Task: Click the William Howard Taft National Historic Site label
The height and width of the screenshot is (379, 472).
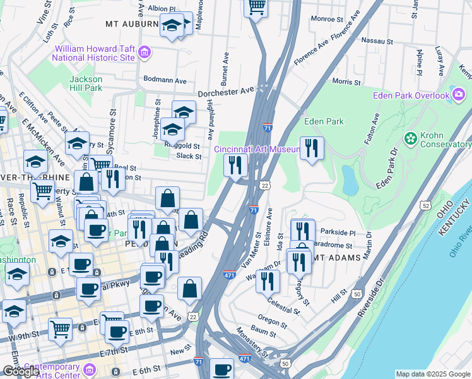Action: (95, 52)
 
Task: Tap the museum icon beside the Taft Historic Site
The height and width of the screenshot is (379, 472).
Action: (145, 52)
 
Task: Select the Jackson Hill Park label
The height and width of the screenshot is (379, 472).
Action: (86, 83)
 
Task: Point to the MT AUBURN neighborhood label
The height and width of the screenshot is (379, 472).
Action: (132, 24)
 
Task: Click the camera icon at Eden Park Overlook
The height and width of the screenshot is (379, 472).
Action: (459, 96)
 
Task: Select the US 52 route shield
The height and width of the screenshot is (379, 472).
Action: (427, 206)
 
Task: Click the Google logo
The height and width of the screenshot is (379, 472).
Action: (21, 372)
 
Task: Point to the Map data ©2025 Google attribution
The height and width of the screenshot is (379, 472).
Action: (433, 374)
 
